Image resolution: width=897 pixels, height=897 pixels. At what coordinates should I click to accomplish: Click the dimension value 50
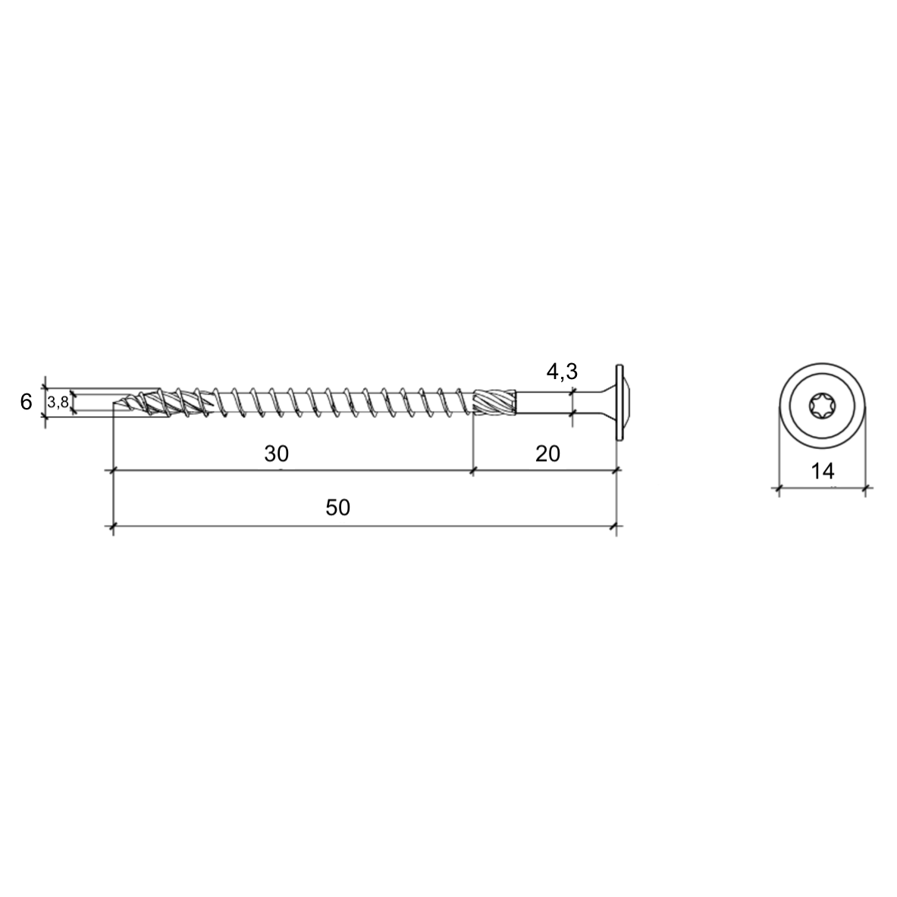click(x=337, y=507)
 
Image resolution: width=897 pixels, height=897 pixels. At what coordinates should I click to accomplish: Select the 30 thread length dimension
click(x=276, y=453)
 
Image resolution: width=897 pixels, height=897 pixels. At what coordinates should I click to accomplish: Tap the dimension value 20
click(x=547, y=453)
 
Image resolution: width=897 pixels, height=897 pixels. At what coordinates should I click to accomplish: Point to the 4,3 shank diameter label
click(x=562, y=372)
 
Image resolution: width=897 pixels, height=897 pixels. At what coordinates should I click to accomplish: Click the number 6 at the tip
click(x=26, y=402)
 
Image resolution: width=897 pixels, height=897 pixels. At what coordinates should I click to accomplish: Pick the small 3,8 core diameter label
click(x=58, y=402)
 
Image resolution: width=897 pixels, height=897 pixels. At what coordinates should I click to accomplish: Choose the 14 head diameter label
click(x=823, y=471)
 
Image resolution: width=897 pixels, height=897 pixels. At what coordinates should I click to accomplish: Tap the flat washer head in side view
click(x=619, y=402)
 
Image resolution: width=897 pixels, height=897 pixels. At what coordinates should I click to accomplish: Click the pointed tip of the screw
click(x=114, y=406)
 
